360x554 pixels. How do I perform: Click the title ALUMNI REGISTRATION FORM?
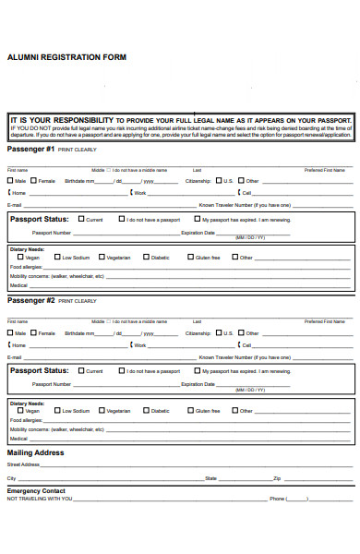[66, 57]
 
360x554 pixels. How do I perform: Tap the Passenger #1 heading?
[31, 149]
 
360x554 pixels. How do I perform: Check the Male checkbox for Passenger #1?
[10, 181]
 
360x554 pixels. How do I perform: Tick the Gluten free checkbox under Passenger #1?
[190, 258]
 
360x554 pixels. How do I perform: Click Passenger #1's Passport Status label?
[39, 219]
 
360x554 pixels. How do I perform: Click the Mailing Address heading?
[35, 452]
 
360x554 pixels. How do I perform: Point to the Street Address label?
[24, 465]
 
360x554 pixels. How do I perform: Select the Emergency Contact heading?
[36, 490]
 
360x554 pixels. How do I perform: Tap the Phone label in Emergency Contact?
[277, 499]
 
